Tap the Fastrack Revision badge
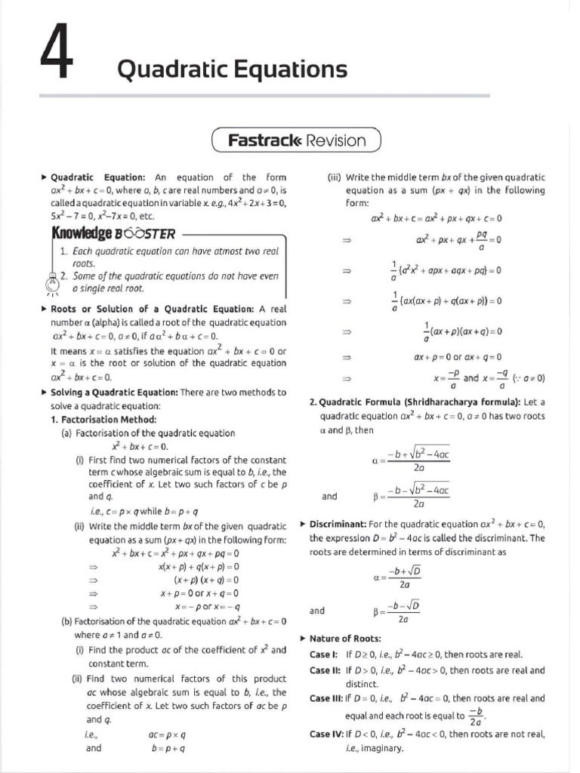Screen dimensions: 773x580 click(x=296, y=140)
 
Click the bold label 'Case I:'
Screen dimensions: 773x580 click(x=324, y=654)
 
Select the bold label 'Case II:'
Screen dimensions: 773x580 click(x=325, y=670)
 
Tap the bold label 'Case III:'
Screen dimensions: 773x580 click(x=327, y=698)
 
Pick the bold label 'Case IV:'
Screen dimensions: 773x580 click(x=326, y=734)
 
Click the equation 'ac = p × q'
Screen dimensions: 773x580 click(x=168, y=734)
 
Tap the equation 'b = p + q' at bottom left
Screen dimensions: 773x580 click(x=168, y=748)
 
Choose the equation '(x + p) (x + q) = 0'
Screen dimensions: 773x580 click(x=206, y=580)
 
